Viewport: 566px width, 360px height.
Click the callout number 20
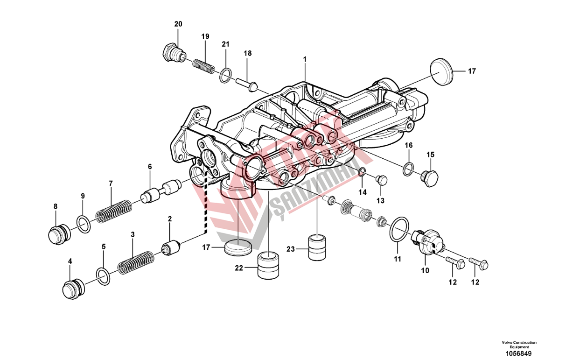coord(178,24)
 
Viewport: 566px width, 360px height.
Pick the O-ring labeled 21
coord(225,75)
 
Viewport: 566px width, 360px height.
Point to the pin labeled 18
coord(247,84)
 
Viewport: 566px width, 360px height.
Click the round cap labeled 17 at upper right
coord(441,72)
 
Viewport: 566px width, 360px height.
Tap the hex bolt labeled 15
coord(430,178)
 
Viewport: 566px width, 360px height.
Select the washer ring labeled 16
coord(408,169)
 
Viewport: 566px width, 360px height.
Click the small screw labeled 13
coord(381,180)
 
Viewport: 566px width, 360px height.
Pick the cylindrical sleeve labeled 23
coord(317,247)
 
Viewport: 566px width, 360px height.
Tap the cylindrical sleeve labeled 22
coord(268,265)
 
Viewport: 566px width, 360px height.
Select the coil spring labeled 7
coord(114,212)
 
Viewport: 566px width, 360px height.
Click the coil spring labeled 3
coord(136,263)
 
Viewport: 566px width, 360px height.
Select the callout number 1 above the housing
coord(305,59)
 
